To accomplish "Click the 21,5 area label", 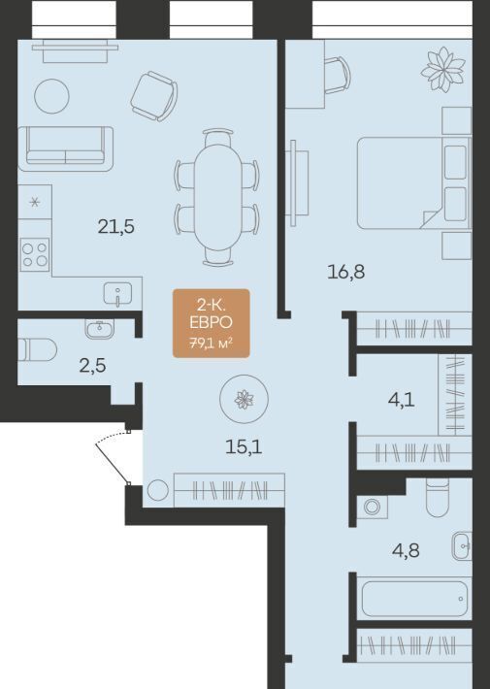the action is coord(116,227).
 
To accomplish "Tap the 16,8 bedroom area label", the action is coord(345,272).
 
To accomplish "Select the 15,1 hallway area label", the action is coord(244,447).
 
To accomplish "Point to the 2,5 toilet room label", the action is coord(93,365).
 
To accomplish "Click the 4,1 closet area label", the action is coord(402,401).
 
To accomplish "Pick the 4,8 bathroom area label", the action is coord(406,550).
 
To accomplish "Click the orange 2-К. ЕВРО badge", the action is coord(212,323).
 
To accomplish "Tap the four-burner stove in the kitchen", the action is coord(35,255).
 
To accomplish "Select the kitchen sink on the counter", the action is coord(117,294).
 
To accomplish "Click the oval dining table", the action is coord(218,197).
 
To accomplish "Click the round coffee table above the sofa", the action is coord(51,96).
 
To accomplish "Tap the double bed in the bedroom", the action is coord(413,182).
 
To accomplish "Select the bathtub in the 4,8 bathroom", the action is coord(414,599).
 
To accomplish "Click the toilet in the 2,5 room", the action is coord(37,349).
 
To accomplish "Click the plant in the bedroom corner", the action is coord(442,70).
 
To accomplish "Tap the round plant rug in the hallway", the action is coord(244,399).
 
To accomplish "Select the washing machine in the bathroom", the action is coord(372,508).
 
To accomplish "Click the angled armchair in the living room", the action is coord(154,96).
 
